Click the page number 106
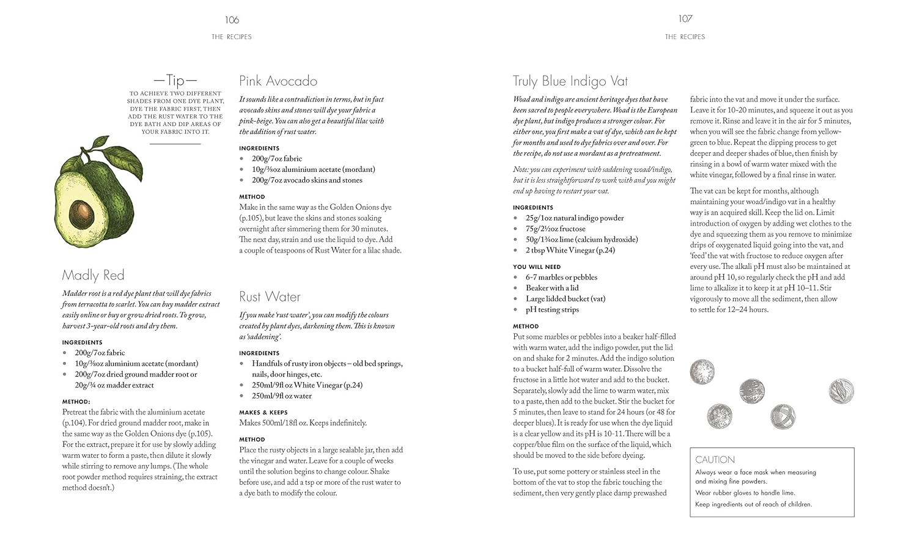coord(232,20)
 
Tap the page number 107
coord(685,19)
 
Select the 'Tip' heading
coord(175,80)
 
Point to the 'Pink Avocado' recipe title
coord(278,81)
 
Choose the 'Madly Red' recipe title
coord(93,275)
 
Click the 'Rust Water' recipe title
coord(270,297)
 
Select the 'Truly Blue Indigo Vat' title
coord(570,81)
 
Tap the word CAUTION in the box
coord(715,460)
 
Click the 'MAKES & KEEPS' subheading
coord(263,413)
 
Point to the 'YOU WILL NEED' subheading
coord(537,267)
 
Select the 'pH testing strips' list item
coord(552,309)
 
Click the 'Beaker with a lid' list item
coord(552,288)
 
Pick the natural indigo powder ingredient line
coord(575,218)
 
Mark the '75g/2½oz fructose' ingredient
coord(555,229)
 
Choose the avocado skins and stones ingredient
coord(307,180)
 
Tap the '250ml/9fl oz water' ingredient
coord(282,396)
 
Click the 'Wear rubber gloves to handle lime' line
coord(745,493)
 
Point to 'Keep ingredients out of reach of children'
coord(753,504)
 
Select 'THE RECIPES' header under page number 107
coord(685,37)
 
